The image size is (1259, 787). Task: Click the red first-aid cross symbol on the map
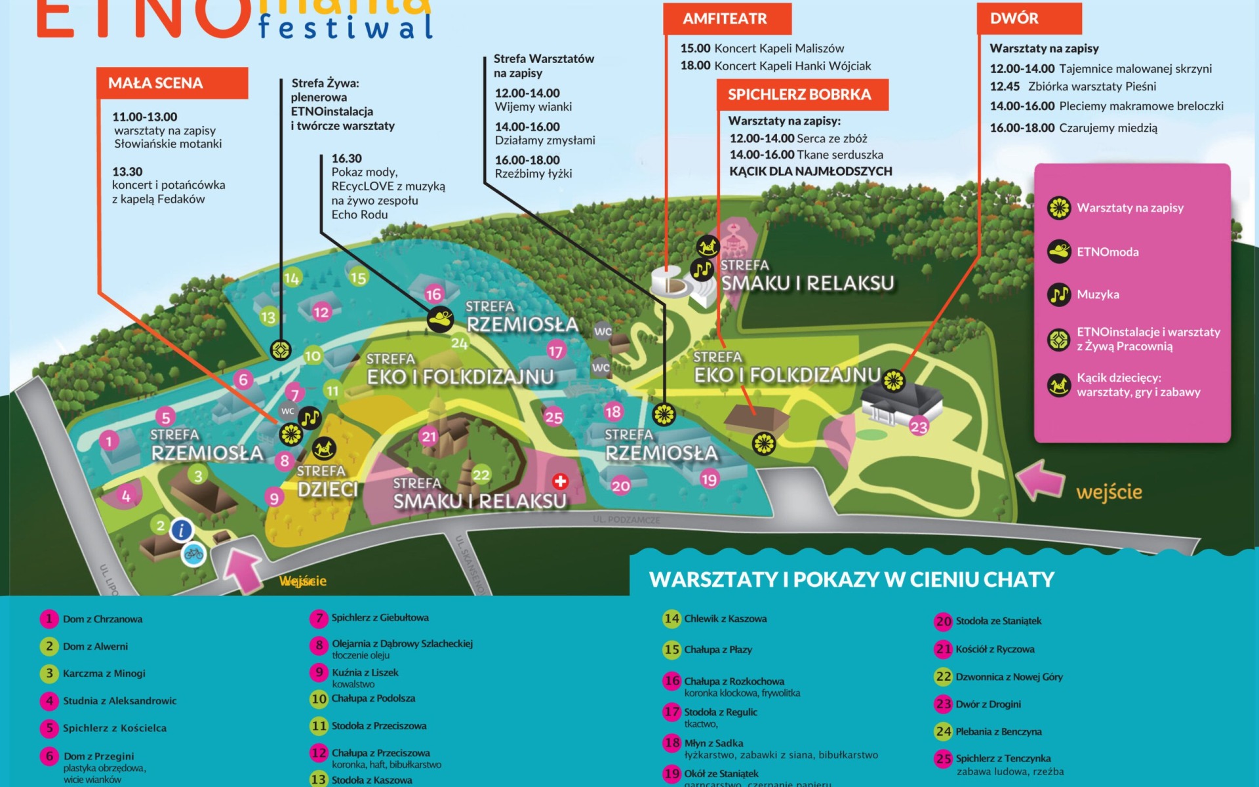click(x=560, y=481)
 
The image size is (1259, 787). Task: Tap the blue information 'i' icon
click(x=182, y=530)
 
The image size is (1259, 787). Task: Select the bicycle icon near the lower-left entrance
click(x=193, y=554)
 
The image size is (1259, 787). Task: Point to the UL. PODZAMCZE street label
click(x=626, y=519)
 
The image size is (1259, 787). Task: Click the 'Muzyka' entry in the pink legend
click(x=1097, y=294)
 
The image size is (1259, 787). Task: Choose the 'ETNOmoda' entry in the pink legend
click(x=1107, y=252)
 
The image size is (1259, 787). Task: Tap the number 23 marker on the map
click(x=919, y=427)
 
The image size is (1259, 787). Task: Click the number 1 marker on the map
click(x=109, y=441)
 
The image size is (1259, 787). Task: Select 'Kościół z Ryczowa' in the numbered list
click(x=994, y=649)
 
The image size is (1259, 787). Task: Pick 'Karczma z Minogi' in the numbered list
click(x=104, y=674)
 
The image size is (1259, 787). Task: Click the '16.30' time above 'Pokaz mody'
click(x=346, y=159)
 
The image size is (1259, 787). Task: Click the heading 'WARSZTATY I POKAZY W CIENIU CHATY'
click(x=851, y=580)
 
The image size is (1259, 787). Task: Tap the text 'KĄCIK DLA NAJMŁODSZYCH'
click(x=810, y=171)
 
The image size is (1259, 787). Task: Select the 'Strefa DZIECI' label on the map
click(x=327, y=482)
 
